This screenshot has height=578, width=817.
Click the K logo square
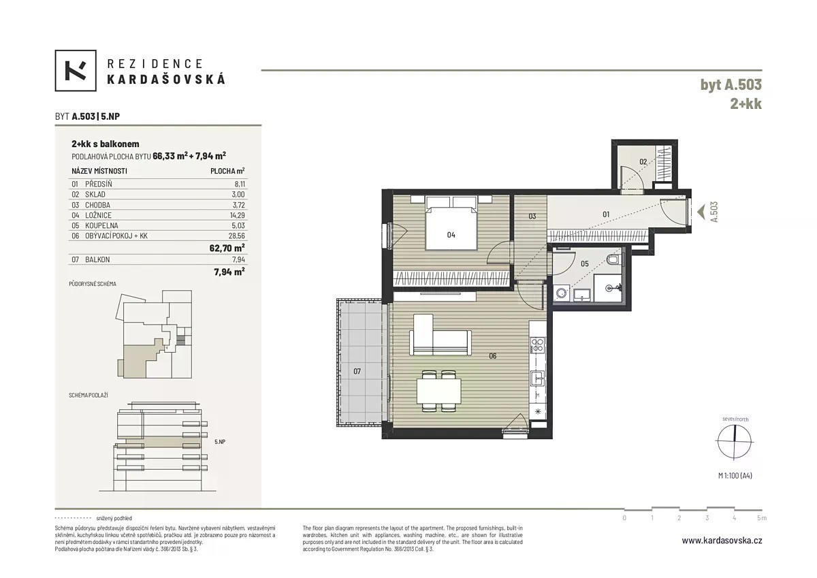point(76,70)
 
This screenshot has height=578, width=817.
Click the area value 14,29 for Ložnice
point(238,215)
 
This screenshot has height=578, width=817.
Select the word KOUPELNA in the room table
point(101,225)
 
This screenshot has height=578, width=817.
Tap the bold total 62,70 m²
point(227,248)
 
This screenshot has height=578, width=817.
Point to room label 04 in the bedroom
point(451,235)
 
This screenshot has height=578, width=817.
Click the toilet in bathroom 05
point(613,259)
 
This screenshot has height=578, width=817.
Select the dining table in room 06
point(439,391)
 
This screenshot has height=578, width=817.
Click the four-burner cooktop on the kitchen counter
point(538,345)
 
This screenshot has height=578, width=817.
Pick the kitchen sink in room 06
point(538,379)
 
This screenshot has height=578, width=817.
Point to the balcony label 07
point(357,371)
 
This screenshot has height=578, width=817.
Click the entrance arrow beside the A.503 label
point(701,212)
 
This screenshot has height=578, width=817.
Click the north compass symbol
point(735,441)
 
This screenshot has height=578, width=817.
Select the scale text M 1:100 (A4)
point(735,475)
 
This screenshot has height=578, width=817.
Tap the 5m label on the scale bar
point(762,518)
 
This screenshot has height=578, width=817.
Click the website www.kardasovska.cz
point(722,541)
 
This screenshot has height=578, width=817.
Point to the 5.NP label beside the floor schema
point(220,442)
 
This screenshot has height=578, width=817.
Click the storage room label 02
point(643,161)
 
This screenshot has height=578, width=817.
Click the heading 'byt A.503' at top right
point(731,84)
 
